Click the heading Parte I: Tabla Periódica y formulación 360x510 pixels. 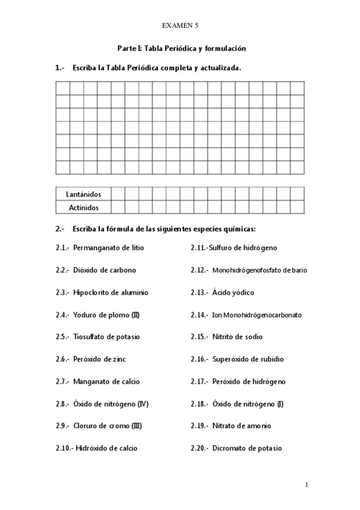[180, 48]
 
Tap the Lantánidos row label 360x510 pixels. [83, 194]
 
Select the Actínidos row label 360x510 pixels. [83, 207]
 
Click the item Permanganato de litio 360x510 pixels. [108, 248]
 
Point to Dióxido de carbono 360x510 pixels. [105, 270]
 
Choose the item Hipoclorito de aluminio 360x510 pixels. [111, 292]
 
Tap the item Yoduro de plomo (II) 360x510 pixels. [106, 315]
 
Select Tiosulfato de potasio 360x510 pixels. [108, 337]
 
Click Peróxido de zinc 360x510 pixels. [100, 359]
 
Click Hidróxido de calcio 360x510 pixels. [106, 448]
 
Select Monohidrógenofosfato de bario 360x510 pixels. [260, 271]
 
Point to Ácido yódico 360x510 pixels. [233, 292]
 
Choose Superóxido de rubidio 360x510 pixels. [248, 359]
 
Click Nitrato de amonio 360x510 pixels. [242, 426]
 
